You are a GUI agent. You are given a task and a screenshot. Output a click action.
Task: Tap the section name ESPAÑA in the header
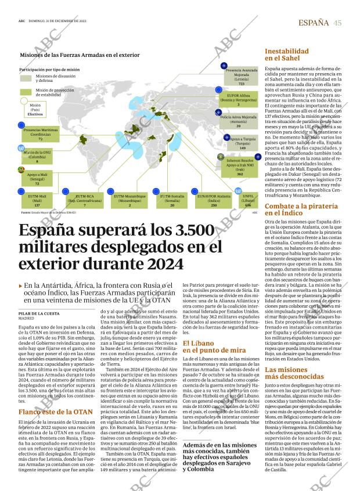pos(313,23)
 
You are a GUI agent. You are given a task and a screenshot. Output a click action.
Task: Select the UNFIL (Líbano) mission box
pos(248,201)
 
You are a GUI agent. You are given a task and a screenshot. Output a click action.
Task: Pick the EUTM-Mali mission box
pos(37,201)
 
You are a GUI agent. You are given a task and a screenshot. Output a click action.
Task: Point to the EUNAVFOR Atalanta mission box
pos(214,201)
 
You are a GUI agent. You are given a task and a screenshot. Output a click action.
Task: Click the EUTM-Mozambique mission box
pos(130,201)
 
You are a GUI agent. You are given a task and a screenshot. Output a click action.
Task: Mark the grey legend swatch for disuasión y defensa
pos(27,78)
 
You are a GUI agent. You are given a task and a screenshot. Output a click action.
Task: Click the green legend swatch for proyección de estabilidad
pos(27,92)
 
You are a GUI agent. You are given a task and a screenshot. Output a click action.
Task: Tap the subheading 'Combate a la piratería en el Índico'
pos(302,209)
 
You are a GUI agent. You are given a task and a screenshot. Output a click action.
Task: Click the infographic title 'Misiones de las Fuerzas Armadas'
pos(80,55)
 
